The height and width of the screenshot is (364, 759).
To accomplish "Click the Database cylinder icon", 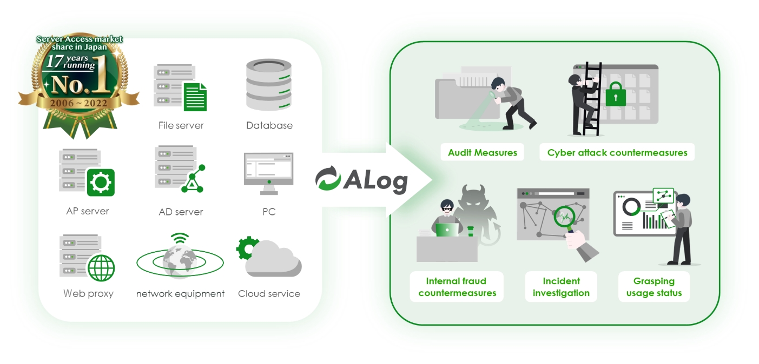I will point(269,85).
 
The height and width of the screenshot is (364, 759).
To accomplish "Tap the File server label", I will point(181,125).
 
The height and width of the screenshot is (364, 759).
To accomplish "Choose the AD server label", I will point(181,212).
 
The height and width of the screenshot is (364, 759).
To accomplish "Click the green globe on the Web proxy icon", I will point(101,267).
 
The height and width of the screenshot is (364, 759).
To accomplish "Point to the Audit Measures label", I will point(483,152).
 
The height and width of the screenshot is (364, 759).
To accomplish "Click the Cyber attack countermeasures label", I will point(617,152).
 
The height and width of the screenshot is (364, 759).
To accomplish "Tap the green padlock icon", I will point(616,95).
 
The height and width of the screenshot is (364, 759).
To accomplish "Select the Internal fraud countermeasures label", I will point(457,287).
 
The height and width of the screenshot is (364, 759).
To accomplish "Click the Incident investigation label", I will point(561,287).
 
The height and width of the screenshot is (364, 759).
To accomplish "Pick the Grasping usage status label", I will point(654,287).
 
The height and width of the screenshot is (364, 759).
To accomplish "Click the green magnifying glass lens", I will point(564,219).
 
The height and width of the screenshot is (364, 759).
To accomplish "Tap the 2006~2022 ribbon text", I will point(80,103).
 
